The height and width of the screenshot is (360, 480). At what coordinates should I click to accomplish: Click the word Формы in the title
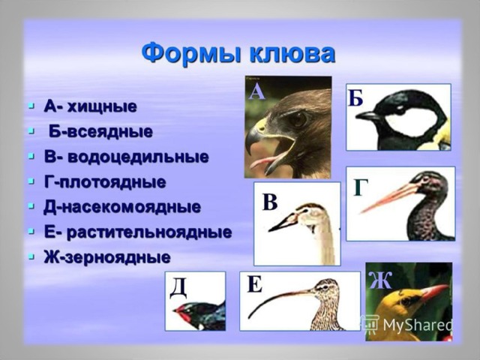coord(193,55)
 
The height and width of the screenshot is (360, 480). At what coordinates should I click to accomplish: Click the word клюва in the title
coord(292,54)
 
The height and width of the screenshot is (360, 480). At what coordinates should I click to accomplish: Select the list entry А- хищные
coord(90,106)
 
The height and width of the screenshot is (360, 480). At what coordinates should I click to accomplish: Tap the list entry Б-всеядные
coord(100,132)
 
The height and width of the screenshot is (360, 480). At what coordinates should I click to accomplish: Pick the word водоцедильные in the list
coord(138,157)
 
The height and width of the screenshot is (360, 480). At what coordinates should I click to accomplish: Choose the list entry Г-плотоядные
coord(105,182)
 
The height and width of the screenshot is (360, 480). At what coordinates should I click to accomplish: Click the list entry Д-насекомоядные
coord(122,207)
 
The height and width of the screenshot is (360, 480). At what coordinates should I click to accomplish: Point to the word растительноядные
coord(149,232)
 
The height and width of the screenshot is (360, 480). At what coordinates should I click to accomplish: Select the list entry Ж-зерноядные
coord(107,257)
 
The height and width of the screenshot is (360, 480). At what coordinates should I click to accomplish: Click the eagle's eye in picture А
coord(298,118)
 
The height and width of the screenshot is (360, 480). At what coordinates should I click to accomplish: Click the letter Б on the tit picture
coord(355,98)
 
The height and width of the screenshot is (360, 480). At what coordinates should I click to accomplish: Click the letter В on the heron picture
coord(270,202)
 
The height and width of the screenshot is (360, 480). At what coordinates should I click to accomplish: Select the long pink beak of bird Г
coord(389,198)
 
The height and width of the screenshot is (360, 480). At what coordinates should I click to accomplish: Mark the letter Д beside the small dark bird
coord(178,288)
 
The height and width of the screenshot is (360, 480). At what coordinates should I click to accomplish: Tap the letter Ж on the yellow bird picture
coord(380,280)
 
